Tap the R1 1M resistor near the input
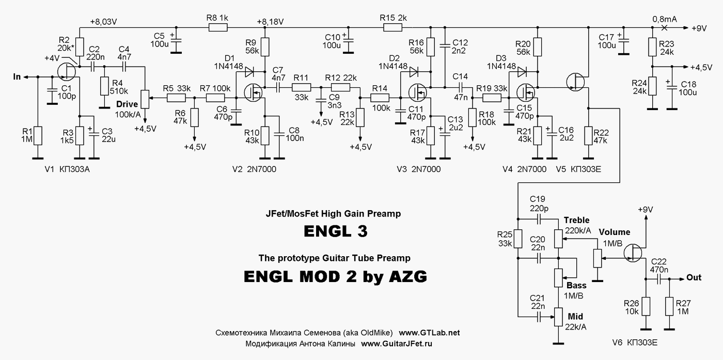(37, 136)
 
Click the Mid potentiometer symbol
(558, 316)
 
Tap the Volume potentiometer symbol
(598, 258)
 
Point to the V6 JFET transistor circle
(634, 252)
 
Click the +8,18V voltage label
(270, 22)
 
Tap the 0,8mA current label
(664, 19)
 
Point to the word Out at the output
(694, 278)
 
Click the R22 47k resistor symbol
(588, 136)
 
